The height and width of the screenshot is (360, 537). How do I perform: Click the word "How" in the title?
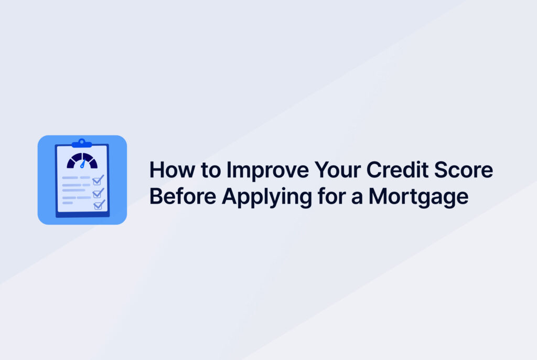coord(172,170)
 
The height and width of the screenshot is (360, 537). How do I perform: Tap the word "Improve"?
coord(267,170)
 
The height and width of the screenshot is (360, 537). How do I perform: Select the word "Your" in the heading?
coord(338,170)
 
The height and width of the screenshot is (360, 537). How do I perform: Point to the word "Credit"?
coord(398,170)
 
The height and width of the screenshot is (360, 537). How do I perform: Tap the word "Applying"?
coord(267,198)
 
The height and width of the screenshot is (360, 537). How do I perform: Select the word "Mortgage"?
coord(418,198)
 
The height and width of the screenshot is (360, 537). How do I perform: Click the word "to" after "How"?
coord(211,171)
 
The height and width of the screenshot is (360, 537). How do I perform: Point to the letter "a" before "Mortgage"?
coord(357,198)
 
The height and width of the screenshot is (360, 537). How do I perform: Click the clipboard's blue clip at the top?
coord(81,143)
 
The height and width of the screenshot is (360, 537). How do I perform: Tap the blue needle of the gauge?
coord(82,164)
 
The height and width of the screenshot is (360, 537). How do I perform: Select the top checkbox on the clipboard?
coord(98,180)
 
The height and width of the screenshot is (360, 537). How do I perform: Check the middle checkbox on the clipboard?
coord(98,193)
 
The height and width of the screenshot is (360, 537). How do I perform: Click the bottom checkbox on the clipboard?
coord(99,205)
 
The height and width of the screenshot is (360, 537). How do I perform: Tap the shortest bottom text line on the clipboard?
coord(68,203)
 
